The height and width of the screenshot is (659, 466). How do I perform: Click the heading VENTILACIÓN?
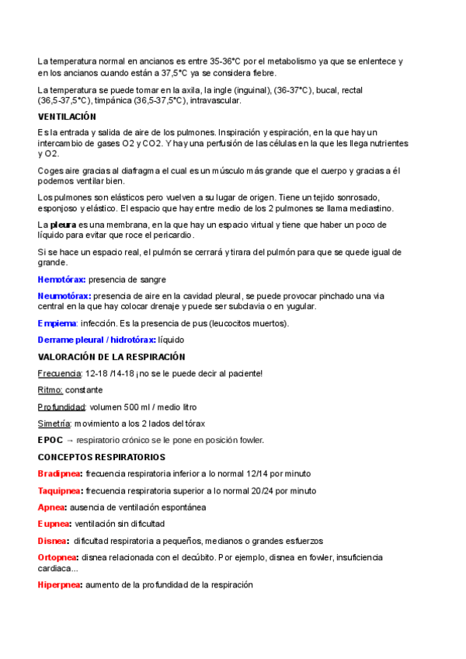tap(67, 117)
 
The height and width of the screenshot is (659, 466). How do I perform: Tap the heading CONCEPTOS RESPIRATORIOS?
tap(102, 457)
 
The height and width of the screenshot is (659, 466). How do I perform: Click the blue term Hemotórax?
tap(61, 279)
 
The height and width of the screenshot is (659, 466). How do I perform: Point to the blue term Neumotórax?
tap(64, 296)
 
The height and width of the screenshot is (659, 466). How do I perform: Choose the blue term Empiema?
tap(57, 323)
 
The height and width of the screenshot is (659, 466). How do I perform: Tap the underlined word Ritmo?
tap(50, 390)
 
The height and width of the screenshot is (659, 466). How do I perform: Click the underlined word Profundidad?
tap(61, 406)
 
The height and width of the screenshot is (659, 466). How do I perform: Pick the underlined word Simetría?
tap(54, 424)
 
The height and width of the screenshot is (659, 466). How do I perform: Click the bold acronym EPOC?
tap(50, 440)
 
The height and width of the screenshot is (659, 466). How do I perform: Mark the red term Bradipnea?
tap(60, 474)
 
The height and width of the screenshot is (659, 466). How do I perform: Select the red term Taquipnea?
tap(60, 490)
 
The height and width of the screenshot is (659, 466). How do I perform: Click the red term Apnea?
tap(52, 507)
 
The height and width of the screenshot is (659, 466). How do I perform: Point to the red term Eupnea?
tap(54, 524)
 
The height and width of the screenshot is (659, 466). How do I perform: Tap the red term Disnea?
tap(53, 541)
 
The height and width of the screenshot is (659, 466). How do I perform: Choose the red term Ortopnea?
tap(58, 558)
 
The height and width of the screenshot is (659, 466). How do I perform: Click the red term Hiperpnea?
tap(60, 584)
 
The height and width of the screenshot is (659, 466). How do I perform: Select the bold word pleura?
tap(62, 225)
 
